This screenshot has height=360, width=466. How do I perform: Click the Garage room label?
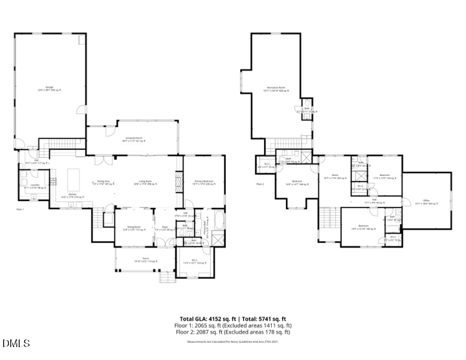click(49, 88)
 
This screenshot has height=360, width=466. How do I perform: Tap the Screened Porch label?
click(132, 140)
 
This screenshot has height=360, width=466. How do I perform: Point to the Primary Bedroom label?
click(204, 182)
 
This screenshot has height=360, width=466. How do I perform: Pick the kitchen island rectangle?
click(74, 177)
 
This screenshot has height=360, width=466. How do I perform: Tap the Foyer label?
click(165, 228)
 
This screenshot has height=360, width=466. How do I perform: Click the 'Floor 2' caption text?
click(260, 184)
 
